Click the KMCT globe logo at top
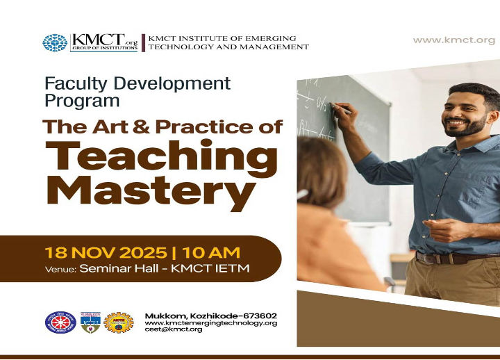pos(55,43)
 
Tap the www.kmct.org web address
pos(454,40)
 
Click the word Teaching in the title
pos(161,156)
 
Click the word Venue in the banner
pos(60,269)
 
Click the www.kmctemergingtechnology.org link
pos(211,322)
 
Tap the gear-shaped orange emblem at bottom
pos(118,322)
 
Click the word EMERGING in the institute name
pos(272,38)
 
